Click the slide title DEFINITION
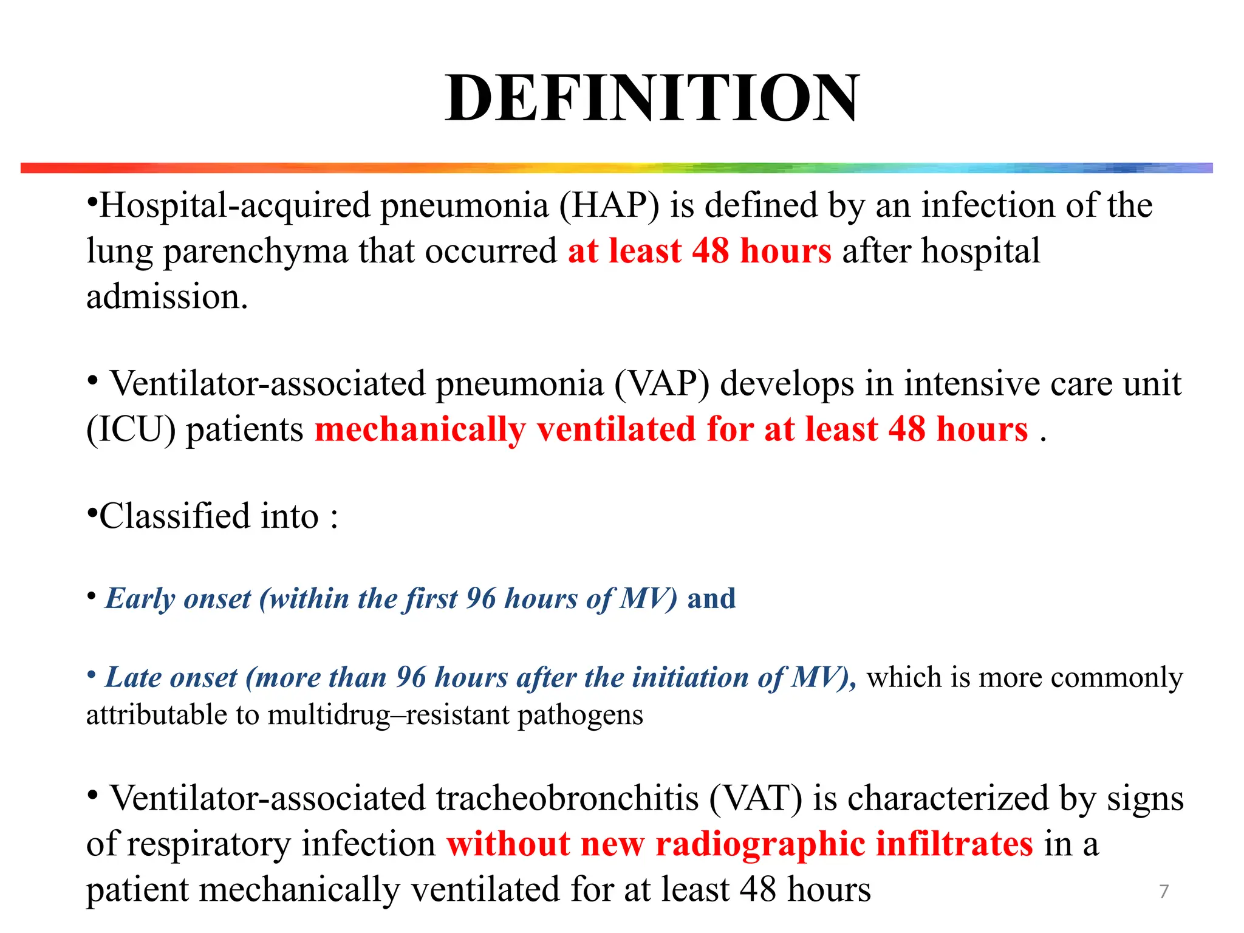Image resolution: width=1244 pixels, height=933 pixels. [x=652, y=98]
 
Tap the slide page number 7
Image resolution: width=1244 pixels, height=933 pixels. [x=1164, y=891]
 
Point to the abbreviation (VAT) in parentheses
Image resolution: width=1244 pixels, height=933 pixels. [x=756, y=798]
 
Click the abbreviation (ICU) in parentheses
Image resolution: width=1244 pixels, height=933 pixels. [x=131, y=429]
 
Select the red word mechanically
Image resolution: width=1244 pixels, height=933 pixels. [x=420, y=429]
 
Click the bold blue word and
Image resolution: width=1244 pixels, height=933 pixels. [x=711, y=599]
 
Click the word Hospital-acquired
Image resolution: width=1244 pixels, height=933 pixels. [x=234, y=205]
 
